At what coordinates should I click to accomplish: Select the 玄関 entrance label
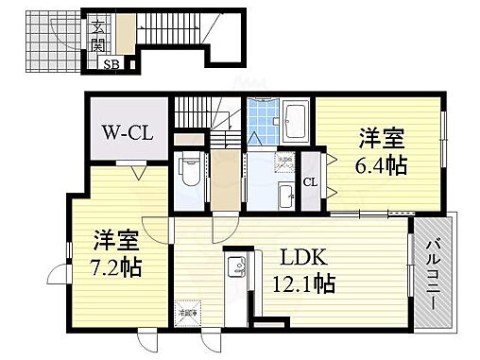pos(98,36)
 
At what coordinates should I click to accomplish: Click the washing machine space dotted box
pos(283,162)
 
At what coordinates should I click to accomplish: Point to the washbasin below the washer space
pos(284,196)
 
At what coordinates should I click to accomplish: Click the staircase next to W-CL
pos(203,119)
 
